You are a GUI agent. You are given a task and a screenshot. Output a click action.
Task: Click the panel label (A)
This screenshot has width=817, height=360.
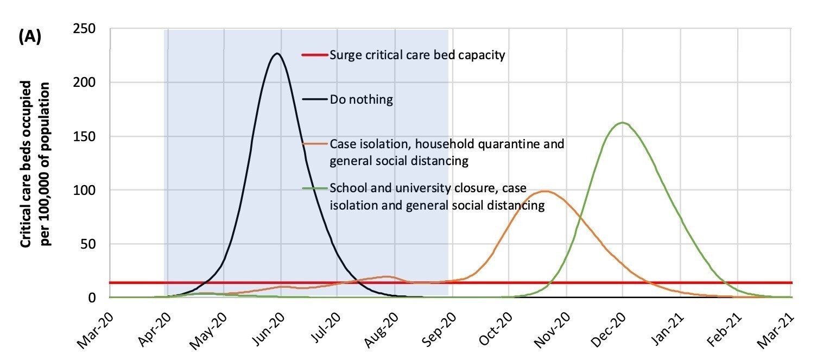(x=30, y=36)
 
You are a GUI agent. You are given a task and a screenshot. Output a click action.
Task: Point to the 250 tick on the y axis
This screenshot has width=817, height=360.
(x=84, y=28)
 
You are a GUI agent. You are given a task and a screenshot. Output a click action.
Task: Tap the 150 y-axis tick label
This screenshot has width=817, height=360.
(x=84, y=136)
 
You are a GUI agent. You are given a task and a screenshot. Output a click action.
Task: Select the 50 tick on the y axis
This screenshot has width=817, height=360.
(x=88, y=244)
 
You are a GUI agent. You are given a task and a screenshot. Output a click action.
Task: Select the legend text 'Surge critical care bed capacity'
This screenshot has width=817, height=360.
(x=417, y=55)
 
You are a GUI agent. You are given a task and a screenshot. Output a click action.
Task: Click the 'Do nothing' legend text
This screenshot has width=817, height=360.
(x=361, y=99)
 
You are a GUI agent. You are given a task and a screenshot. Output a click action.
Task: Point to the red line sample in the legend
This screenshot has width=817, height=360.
(x=315, y=55)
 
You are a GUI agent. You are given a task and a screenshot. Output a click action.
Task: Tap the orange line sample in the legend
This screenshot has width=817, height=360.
(x=315, y=144)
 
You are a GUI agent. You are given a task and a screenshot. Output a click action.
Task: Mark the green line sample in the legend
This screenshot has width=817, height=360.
(x=315, y=188)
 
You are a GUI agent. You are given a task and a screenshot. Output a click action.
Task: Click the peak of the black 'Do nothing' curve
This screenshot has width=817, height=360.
(x=277, y=54)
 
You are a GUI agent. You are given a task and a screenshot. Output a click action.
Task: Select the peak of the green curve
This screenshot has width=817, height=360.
(x=622, y=123)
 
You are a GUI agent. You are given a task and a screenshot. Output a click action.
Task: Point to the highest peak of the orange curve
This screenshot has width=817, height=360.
(x=544, y=191)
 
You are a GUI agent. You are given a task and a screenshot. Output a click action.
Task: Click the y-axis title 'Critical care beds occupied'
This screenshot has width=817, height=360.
(x=26, y=164)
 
